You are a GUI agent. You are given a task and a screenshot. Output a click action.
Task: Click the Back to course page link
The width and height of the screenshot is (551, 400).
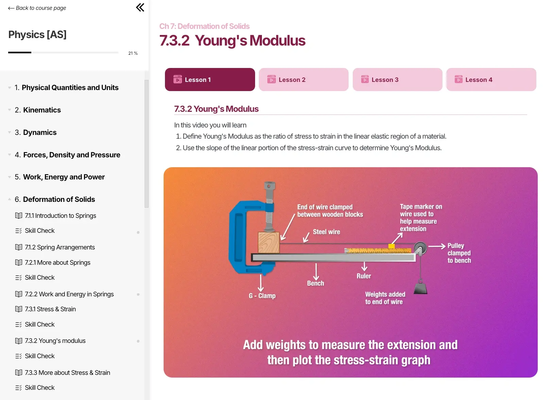pos(37,8)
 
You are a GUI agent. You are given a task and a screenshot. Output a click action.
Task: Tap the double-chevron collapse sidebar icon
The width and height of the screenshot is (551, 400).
pos(140,7)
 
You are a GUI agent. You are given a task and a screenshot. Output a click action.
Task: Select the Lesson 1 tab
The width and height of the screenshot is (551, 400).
pos(210,80)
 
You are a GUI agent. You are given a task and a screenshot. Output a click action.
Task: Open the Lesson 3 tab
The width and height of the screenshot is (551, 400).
pos(397,80)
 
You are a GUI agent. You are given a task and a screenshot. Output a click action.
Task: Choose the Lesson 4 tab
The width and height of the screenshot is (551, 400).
pos(491,80)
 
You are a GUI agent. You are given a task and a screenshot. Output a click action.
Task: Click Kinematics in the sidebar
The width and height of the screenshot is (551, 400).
pos(42,110)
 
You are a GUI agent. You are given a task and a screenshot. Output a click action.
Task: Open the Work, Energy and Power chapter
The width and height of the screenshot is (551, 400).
pos(64,177)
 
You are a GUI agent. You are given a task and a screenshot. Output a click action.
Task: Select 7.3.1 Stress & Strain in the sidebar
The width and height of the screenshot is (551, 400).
pos(50,309)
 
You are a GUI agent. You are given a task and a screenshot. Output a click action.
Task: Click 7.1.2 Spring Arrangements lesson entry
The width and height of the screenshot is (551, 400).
pos(60,247)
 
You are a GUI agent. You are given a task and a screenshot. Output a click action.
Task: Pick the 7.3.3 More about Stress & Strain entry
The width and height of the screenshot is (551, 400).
pos(67,372)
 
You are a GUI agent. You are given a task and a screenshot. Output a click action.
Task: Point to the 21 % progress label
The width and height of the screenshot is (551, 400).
pos(133,53)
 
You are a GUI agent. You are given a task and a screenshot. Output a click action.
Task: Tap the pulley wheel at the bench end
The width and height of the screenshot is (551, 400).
pos(420,248)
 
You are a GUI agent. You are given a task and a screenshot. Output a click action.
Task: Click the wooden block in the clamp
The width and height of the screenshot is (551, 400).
pos(269,242)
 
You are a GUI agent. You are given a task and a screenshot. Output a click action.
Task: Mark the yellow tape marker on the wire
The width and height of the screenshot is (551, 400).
pos(391,246)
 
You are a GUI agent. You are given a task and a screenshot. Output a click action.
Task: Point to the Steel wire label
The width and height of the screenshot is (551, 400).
pos(326,232)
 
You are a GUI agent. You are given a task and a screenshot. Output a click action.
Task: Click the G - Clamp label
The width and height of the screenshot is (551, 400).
pos(262,296)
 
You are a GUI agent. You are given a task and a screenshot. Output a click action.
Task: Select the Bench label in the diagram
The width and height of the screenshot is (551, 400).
pos(315,283)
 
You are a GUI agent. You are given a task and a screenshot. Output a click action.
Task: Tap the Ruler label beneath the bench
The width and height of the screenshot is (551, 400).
pos(364,276)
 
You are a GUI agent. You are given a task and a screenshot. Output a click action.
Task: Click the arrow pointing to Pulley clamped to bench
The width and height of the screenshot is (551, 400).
pos(437,246)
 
